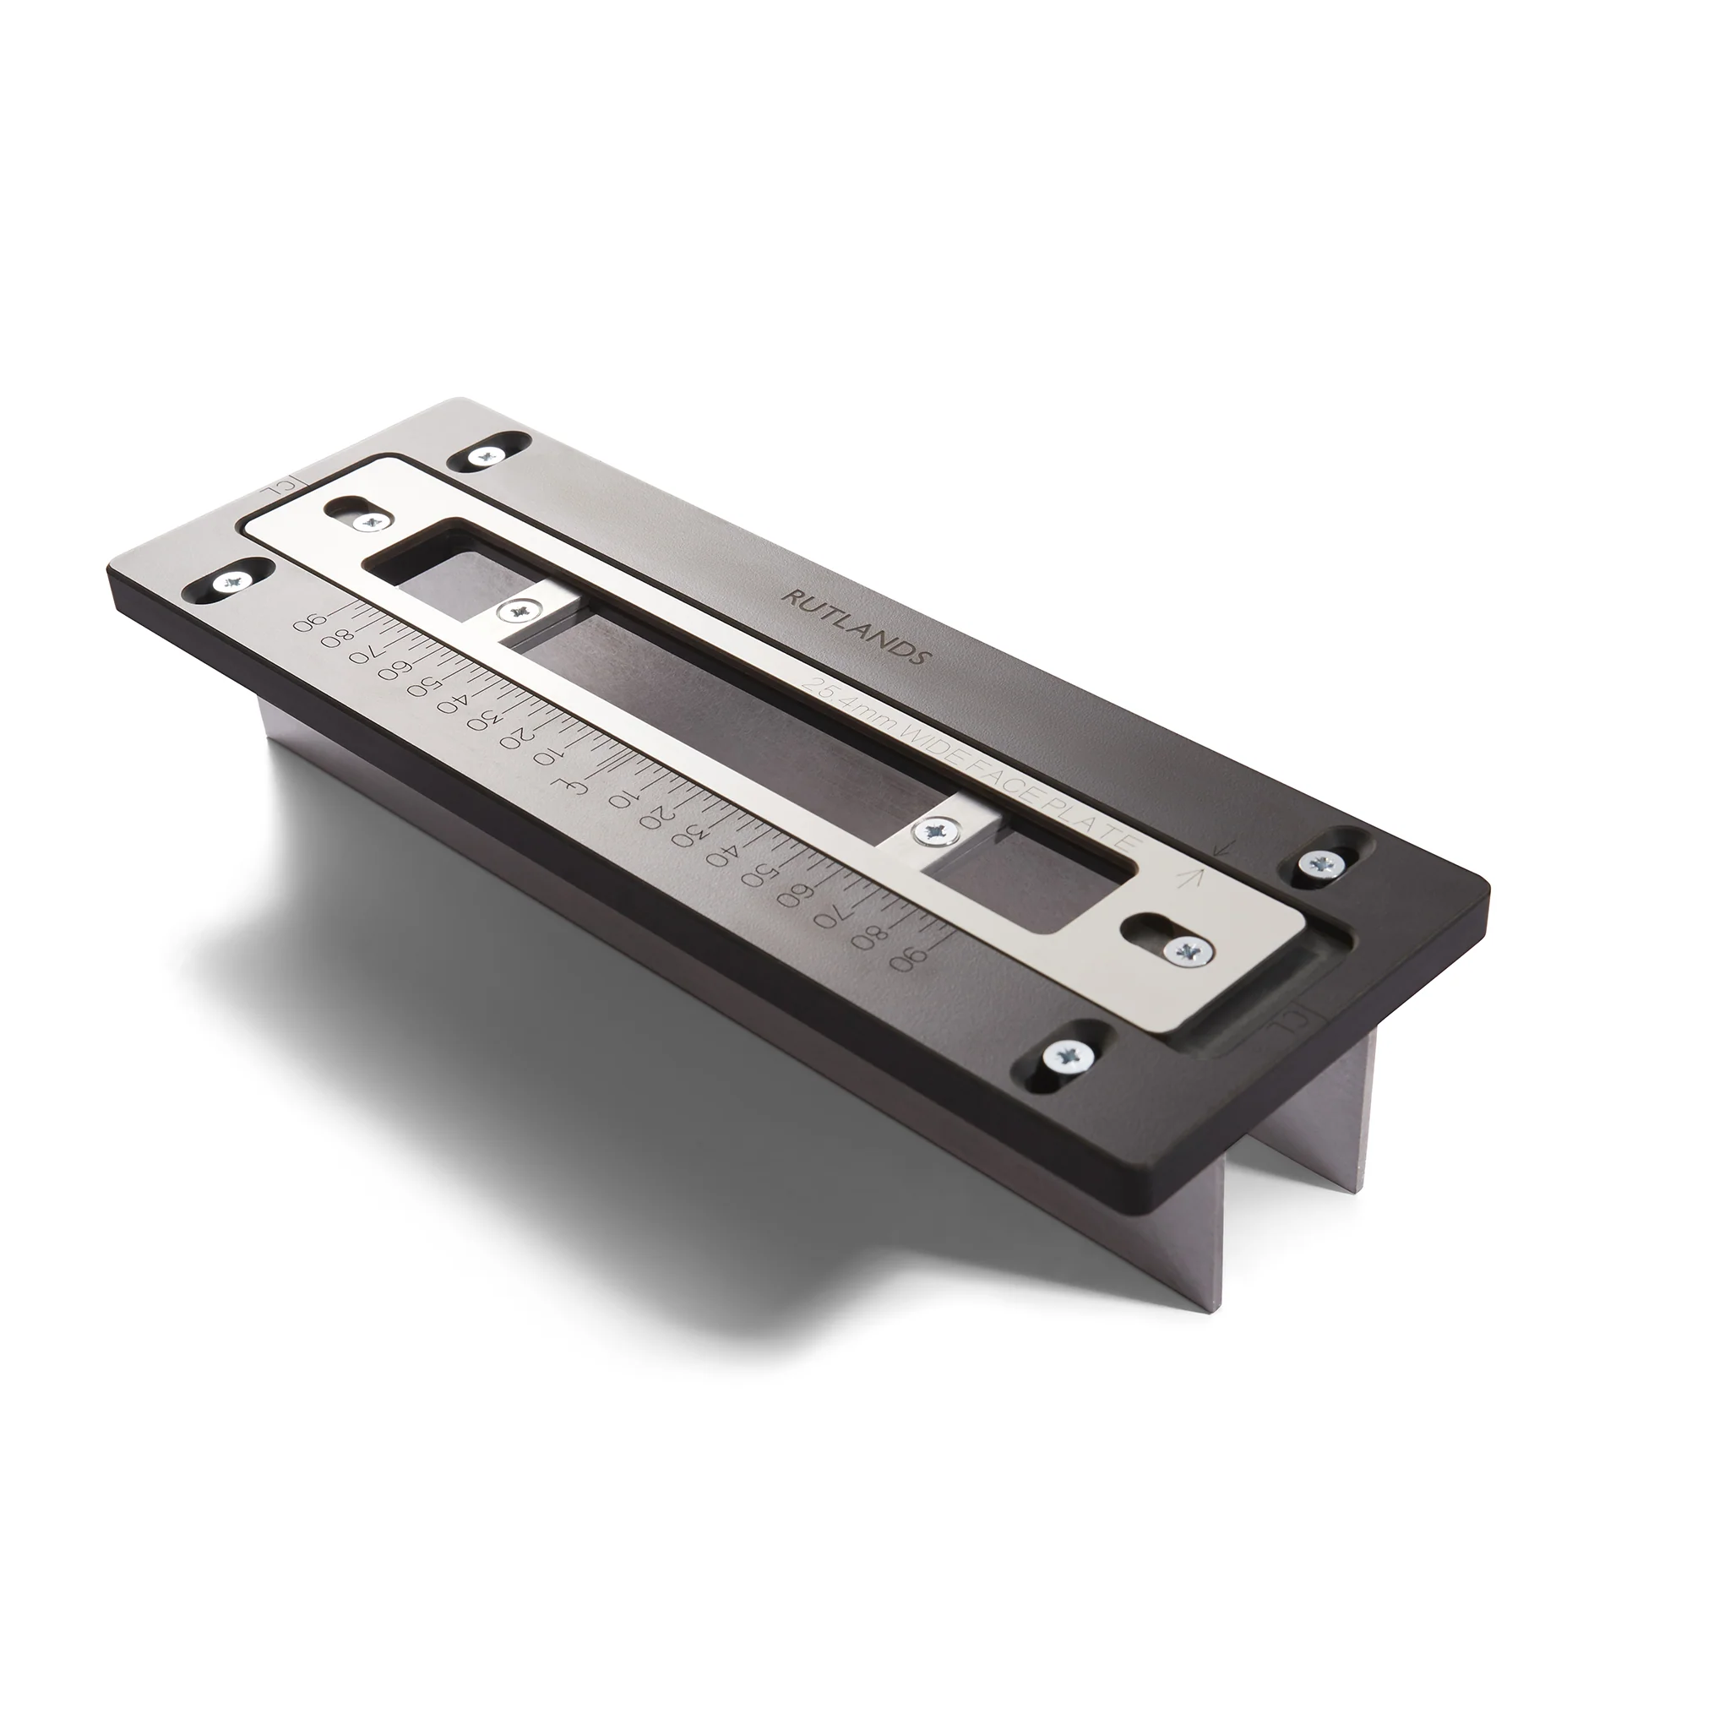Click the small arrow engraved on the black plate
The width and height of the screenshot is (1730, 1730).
pos(1221,846)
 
